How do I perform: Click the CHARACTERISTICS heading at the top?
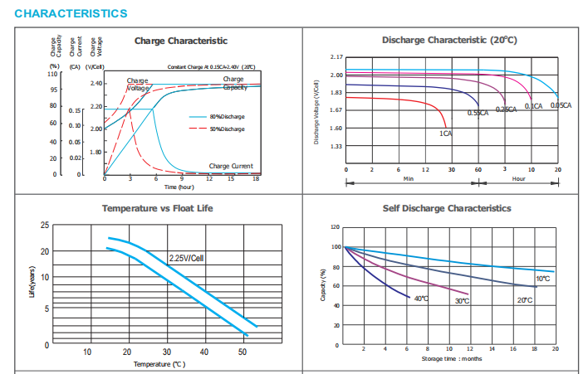pos(71,14)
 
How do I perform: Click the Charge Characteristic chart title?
pos(180,41)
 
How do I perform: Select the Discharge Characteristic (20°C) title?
pos(449,40)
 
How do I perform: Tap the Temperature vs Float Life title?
pos(157,207)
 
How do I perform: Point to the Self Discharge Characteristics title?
pos(446,208)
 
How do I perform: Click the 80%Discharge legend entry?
pos(227,117)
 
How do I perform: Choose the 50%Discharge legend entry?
pos(227,129)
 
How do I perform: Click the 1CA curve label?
pos(445,133)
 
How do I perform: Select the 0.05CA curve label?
pos(561,106)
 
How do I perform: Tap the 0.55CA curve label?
pos(478,113)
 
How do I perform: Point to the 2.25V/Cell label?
pos(186,258)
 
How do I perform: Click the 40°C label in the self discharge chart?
pos(421,298)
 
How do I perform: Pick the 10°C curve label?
pos(542,279)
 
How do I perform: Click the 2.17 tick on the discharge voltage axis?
pos(336,56)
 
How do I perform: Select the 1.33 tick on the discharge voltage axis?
pos(336,146)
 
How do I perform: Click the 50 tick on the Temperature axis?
pos(243,352)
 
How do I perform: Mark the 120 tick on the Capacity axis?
pos(336,226)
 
